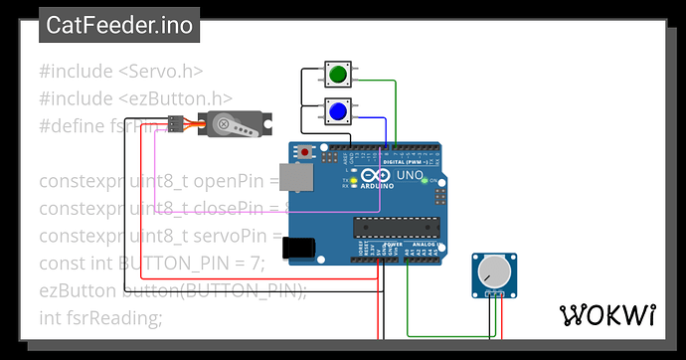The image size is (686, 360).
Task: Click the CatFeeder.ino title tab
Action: [x=119, y=26]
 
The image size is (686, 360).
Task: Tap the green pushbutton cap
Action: [x=338, y=74]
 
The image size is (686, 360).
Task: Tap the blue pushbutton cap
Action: [x=338, y=111]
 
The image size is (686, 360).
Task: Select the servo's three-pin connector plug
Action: [x=173, y=125]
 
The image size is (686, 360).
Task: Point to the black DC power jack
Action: [x=299, y=249]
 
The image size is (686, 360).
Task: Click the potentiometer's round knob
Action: [x=492, y=271]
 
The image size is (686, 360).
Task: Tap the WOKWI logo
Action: [x=608, y=315]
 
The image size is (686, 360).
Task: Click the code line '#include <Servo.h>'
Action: [x=121, y=72]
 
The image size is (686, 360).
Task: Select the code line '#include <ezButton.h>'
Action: [x=135, y=98]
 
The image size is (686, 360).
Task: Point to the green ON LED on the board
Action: [x=425, y=181]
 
